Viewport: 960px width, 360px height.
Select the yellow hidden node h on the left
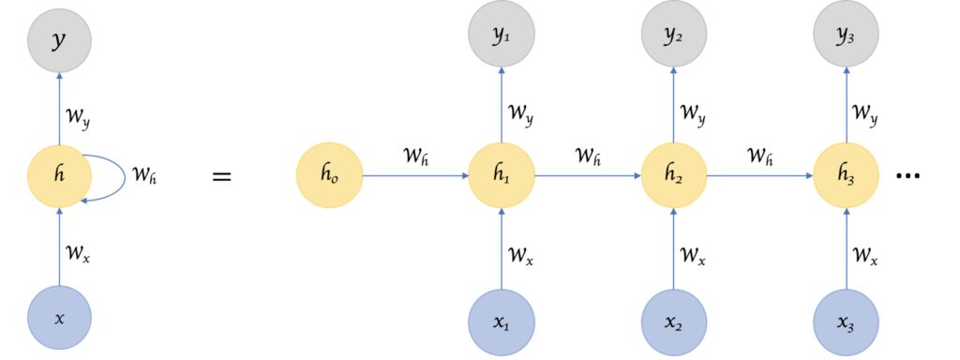click(60, 175)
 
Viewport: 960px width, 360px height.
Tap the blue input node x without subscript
click(60, 318)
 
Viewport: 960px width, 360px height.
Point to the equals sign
click(221, 175)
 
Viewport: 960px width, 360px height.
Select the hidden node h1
click(502, 175)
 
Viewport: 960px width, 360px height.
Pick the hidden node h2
click(673, 175)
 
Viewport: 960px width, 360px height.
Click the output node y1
click(502, 37)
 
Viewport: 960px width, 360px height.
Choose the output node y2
click(673, 37)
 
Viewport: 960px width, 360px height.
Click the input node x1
click(502, 321)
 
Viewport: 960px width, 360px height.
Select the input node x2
click(673, 321)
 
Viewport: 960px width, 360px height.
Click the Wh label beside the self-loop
click(143, 176)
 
